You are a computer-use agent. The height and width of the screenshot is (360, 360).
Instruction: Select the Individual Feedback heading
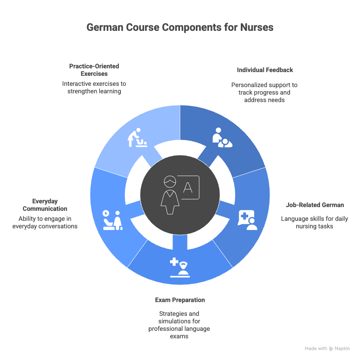(x=265, y=70)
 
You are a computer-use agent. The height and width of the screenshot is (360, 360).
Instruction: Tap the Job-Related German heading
(x=315, y=205)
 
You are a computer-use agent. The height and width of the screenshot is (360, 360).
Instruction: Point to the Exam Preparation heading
(x=180, y=300)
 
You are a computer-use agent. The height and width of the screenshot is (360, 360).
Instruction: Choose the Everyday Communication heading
(x=45, y=205)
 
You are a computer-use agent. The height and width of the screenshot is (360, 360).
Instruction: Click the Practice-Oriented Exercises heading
(x=94, y=70)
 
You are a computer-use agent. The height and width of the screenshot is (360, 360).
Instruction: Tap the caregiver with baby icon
(x=222, y=138)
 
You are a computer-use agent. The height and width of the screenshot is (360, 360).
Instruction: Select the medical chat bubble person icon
(x=247, y=220)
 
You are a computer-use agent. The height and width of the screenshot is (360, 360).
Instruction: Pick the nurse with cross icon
(x=180, y=267)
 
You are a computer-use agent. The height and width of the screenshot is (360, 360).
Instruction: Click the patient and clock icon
(x=112, y=219)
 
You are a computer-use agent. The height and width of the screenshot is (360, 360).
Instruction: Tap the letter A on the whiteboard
(x=188, y=187)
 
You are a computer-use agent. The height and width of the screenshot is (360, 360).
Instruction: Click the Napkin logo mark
(x=331, y=348)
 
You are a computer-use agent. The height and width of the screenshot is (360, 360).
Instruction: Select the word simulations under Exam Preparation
(x=179, y=321)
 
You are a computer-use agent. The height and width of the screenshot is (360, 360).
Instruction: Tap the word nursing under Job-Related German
(x=305, y=226)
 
